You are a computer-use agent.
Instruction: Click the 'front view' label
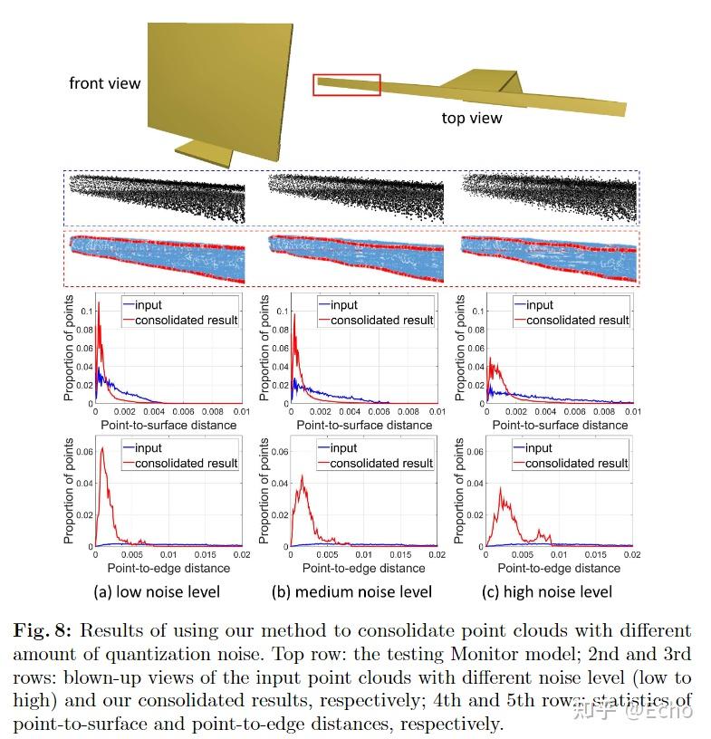click(105, 83)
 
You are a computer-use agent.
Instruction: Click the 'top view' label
click(471, 118)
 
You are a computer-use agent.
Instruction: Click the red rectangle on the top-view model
click(347, 85)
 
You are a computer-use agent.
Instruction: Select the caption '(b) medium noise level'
click(351, 592)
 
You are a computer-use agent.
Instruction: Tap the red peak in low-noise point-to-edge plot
click(103, 449)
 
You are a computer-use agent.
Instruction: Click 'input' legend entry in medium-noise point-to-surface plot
click(343, 305)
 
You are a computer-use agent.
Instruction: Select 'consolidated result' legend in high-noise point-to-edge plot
click(576, 463)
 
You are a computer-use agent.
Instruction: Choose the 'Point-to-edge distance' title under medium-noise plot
click(363, 568)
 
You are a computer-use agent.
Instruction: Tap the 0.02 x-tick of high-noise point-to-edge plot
click(631, 554)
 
